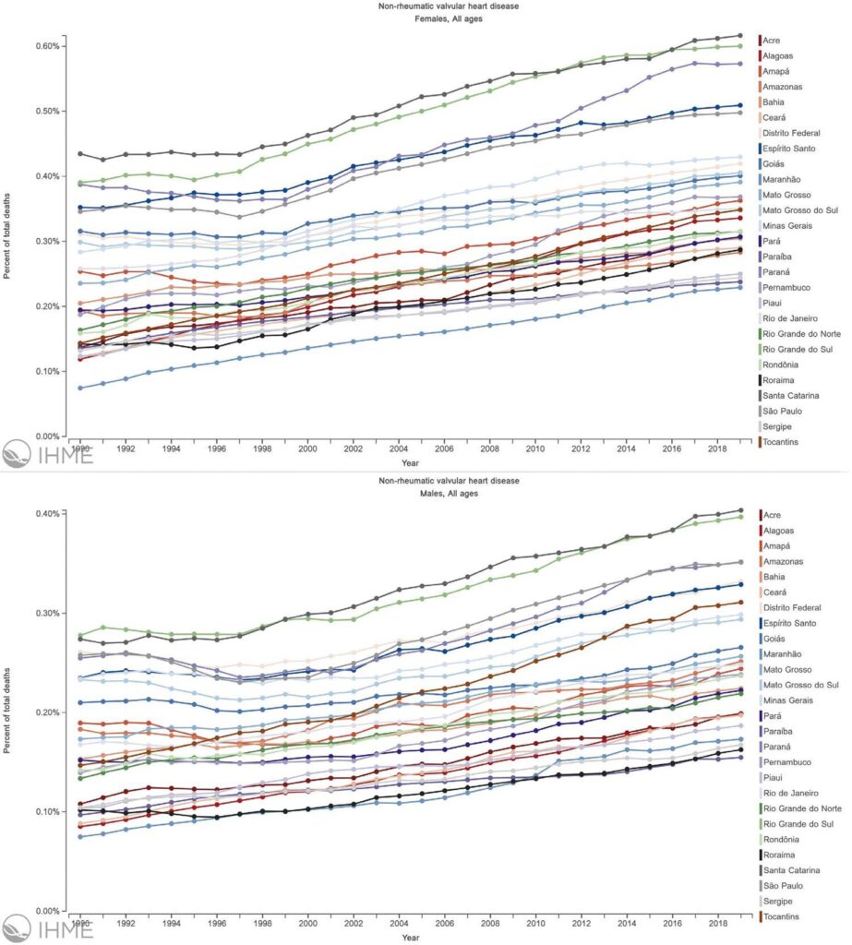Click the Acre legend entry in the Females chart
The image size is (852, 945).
tap(770, 41)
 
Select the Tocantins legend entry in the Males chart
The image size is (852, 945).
tap(780, 916)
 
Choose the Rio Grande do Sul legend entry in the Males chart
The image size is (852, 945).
tap(797, 824)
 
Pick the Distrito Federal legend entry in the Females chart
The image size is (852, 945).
tap(789, 133)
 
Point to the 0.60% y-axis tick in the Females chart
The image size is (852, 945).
tap(48, 46)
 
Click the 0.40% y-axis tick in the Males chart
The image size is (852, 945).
tap(48, 513)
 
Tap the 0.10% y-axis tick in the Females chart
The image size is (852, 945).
tap(48, 371)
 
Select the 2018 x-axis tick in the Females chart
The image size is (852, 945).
tap(717, 449)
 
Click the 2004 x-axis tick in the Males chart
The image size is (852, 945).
tap(399, 923)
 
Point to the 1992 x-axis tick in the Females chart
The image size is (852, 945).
tap(126, 449)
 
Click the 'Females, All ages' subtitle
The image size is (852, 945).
tap(448, 18)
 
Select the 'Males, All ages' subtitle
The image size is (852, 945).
tap(449, 493)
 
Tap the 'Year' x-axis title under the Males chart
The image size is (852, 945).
tap(411, 938)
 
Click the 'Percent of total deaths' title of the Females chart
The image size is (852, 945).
tap(6, 236)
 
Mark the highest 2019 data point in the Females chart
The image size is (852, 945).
tap(740, 36)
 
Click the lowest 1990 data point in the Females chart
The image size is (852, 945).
tap(80, 389)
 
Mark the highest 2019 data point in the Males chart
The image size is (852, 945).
tap(740, 510)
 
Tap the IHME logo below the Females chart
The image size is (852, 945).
tap(48, 454)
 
